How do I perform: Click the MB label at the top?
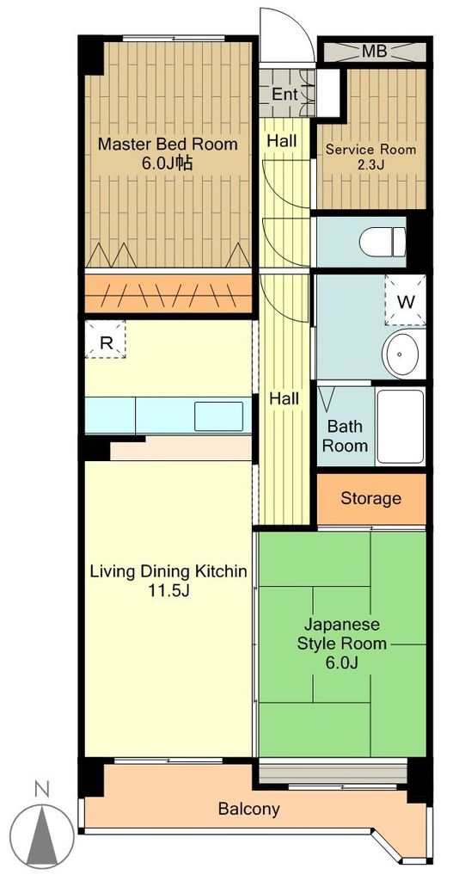tap(373, 51)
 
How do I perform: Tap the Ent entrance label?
tap(285, 94)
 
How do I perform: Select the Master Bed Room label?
tap(168, 145)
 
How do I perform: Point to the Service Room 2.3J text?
tap(370, 157)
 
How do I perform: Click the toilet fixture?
tap(382, 242)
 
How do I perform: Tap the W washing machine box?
tap(405, 301)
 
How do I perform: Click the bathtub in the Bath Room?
tap(401, 427)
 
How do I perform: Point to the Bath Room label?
tap(345, 436)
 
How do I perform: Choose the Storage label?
tap(371, 498)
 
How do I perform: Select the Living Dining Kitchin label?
tap(169, 571)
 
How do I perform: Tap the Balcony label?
tap(248, 809)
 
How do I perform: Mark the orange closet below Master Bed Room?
tap(168, 293)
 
